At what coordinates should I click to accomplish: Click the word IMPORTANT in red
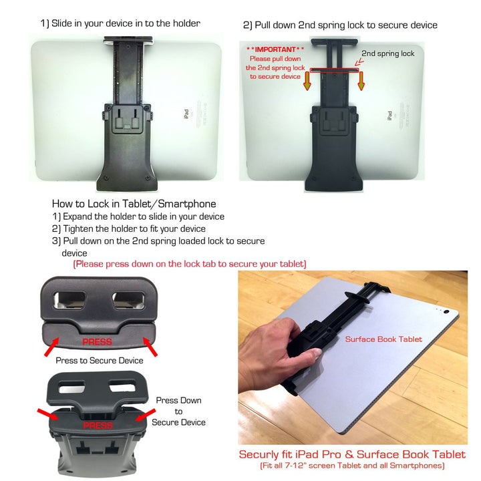tap(275, 49)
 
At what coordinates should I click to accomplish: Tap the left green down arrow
tap(307, 81)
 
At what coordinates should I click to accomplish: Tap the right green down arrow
tap(361, 81)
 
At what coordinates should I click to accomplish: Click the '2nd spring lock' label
tap(387, 53)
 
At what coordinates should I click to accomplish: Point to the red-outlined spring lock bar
tap(334, 70)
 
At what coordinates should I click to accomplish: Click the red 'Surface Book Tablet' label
tap(383, 339)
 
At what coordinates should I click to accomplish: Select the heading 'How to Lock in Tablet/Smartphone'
tap(134, 204)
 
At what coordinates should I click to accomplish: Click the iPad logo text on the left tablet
tap(186, 114)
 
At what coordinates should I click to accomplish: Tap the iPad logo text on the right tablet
tap(389, 116)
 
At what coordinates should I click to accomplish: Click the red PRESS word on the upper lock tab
tap(98, 342)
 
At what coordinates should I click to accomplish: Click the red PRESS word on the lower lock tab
tap(98, 425)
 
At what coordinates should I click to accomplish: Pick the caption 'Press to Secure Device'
tap(100, 361)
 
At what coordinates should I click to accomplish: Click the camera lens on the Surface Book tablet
tap(446, 312)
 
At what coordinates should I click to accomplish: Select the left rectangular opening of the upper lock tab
tap(69, 300)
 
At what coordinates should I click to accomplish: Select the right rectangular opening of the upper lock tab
tap(128, 301)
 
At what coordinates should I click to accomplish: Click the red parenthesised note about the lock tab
tap(190, 264)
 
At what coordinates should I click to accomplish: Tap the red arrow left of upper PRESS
tap(52, 347)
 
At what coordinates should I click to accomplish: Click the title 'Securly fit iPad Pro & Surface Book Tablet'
tap(352, 454)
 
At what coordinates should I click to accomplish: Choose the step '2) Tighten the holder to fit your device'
tap(129, 229)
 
